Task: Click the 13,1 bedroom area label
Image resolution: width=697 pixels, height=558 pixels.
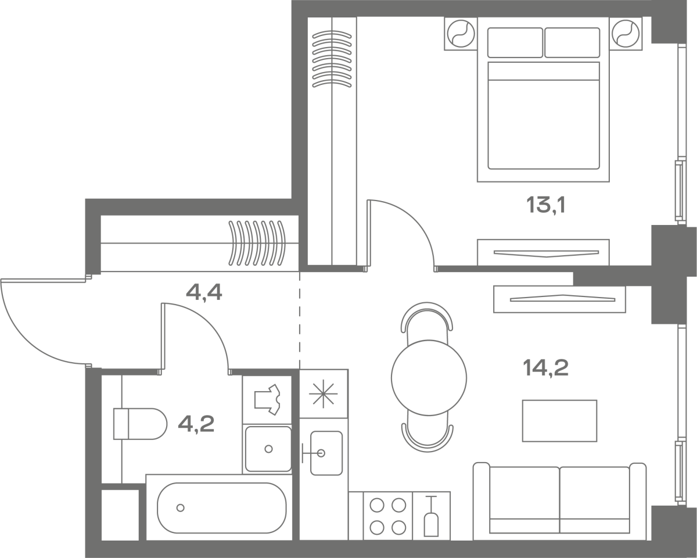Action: point(546,205)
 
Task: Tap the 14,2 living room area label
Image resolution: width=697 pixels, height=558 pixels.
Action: point(546,369)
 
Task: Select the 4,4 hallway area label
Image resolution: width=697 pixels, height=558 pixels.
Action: point(204,292)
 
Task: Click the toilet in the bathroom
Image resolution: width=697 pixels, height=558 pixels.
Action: point(140,424)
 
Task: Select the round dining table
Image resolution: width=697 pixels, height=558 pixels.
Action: point(429,378)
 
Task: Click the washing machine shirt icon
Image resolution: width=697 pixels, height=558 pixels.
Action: point(267,399)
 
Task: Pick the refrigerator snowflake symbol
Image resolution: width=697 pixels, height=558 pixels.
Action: point(324,394)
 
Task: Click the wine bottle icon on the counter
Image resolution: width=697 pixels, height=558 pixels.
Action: point(431,517)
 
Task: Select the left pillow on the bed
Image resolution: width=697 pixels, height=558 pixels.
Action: point(515,43)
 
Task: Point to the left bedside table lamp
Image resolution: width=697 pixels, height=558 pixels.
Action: point(461,34)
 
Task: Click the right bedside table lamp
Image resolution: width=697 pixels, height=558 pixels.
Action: point(626,34)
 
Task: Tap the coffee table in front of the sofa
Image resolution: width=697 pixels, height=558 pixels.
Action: point(560,421)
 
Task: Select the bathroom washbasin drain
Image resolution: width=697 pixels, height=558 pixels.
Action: point(268,449)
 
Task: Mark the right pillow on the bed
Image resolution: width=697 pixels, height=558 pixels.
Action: point(572,43)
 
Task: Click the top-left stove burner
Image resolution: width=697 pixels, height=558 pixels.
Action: point(377,505)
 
